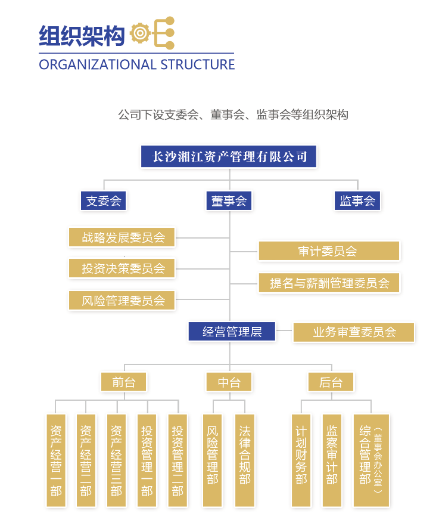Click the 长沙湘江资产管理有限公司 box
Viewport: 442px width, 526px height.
pyautogui.click(x=229, y=156)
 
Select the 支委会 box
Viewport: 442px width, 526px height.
pyautogui.click(x=104, y=200)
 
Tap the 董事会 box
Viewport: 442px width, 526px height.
pyautogui.click(x=229, y=200)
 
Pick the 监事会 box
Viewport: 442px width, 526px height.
pyautogui.click(x=357, y=200)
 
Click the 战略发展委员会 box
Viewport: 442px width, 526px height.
pyautogui.click(x=122, y=237)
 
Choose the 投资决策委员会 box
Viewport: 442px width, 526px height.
pyautogui.click(x=122, y=268)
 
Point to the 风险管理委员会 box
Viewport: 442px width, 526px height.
pyautogui.click(x=122, y=300)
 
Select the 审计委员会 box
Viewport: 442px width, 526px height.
pyautogui.click(x=329, y=251)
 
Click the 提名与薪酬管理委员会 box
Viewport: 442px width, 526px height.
pyautogui.click(x=329, y=283)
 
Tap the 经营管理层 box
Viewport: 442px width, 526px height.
pyautogui.click(x=232, y=332)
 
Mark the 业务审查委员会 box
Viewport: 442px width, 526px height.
pyautogui.click(x=354, y=332)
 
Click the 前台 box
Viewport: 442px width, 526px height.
pyautogui.click(x=124, y=382)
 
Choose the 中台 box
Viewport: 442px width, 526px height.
pyautogui.click(x=229, y=382)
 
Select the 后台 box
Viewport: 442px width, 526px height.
pyautogui.click(x=331, y=382)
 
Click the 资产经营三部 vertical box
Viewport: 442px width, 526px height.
pyautogui.click(x=116, y=460)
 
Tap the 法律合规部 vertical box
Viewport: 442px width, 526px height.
pyautogui.click(x=245, y=460)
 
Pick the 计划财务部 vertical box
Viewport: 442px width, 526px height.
pyautogui.click(x=301, y=460)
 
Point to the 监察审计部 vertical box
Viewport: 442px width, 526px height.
pyautogui.click(x=332, y=460)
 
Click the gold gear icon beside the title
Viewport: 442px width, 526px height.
pyautogui.click(x=140, y=33)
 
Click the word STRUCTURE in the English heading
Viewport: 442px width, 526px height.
pyautogui.click(x=198, y=64)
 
